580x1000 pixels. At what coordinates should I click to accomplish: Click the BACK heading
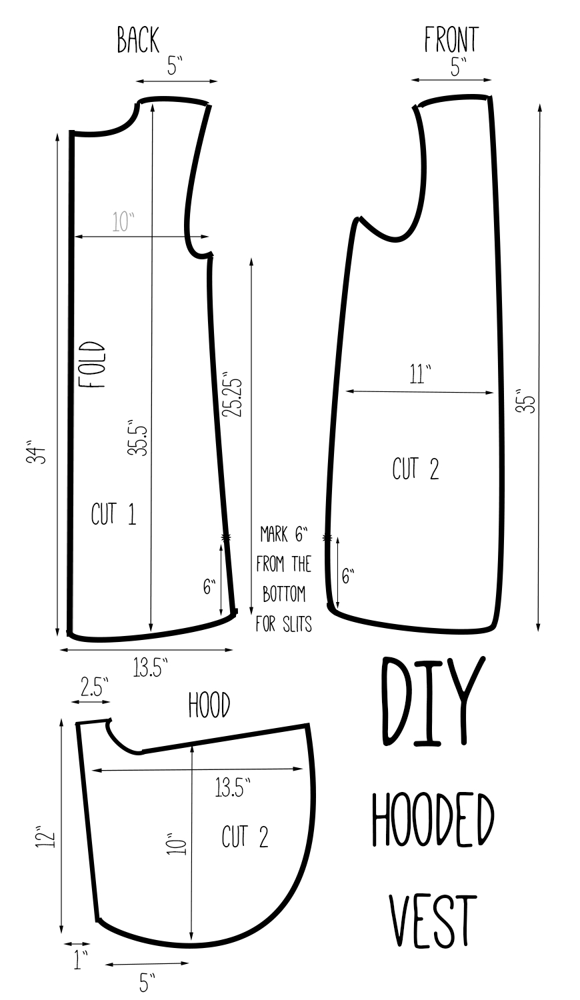[x=138, y=40]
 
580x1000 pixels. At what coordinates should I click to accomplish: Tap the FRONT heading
[x=451, y=40]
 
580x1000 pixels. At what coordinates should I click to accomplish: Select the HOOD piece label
[x=209, y=705]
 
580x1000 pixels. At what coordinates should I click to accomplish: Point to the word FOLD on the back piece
[x=92, y=365]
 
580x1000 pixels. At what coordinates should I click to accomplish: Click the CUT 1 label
[x=113, y=514]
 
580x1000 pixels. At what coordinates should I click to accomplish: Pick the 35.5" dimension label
[x=137, y=437]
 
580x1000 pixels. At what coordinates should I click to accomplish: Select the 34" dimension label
[x=39, y=453]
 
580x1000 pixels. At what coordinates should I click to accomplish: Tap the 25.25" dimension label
[x=232, y=395]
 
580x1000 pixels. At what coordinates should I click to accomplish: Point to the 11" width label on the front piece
[x=420, y=375]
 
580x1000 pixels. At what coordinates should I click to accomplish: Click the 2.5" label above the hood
[x=93, y=687]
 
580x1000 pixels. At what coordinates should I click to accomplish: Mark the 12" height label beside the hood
[x=42, y=838]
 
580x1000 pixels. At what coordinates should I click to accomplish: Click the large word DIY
[x=432, y=703]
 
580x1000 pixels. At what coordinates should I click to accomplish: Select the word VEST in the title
[x=433, y=920]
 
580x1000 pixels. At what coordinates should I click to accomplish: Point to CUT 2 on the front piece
[x=415, y=469]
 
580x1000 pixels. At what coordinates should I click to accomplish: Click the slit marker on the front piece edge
[x=327, y=537]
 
